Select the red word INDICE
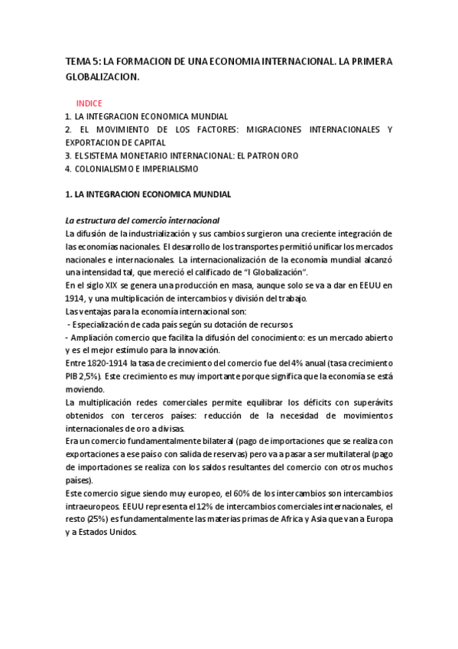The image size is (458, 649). pos(89,103)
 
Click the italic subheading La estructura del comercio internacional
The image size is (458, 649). pos(142,220)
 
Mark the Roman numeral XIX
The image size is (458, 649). pos(108,285)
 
